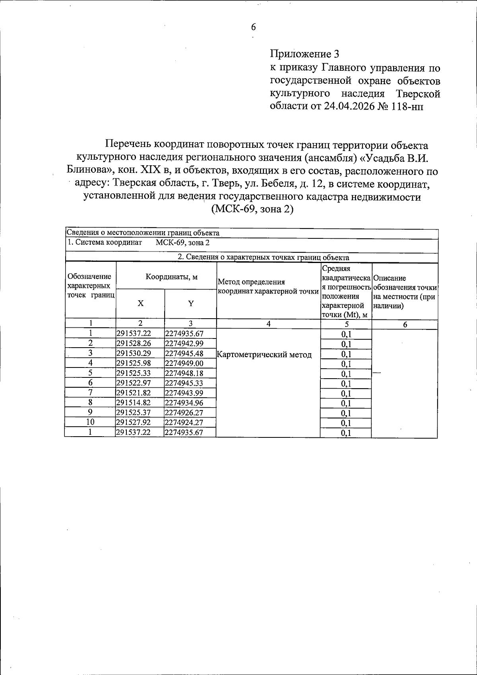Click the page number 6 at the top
[x=253, y=27]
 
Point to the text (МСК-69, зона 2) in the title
[x=253, y=209]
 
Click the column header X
[x=140, y=303]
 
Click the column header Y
[x=191, y=303]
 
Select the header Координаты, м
[x=171, y=277]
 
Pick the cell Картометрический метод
[x=264, y=354]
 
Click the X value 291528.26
[x=134, y=343]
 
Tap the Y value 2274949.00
[x=184, y=363]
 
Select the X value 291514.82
[x=134, y=403]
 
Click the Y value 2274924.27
[x=184, y=422]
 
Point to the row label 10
[x=91, y=422]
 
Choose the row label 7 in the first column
[x=91, y=393]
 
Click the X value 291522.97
[x=134, y=383]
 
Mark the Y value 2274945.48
[x=184, y=353]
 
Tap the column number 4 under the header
[x=269, y=324]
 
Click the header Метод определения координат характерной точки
[x=268, y=286]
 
